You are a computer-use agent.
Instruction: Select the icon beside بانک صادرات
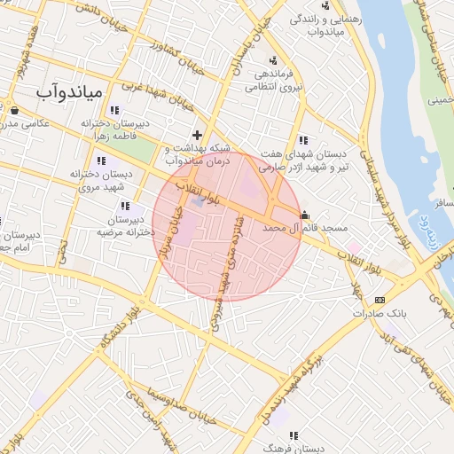380,300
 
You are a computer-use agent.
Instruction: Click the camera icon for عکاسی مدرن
15,110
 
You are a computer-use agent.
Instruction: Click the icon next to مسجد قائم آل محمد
305,214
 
